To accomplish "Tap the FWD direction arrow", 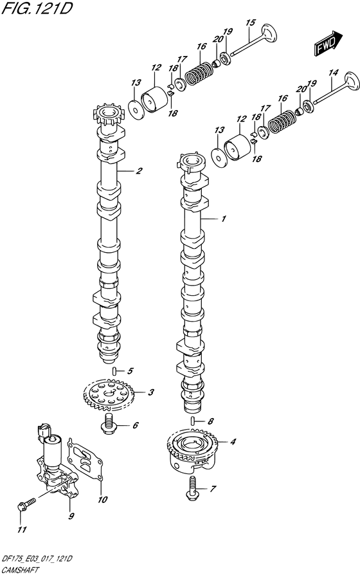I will [x=327, y=44].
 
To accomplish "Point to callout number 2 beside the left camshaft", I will [x=139, y=170].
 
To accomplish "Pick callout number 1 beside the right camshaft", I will [x=223, y=219].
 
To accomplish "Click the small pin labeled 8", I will [x=192, y=420].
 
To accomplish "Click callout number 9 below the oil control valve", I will [x=71, y=516].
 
